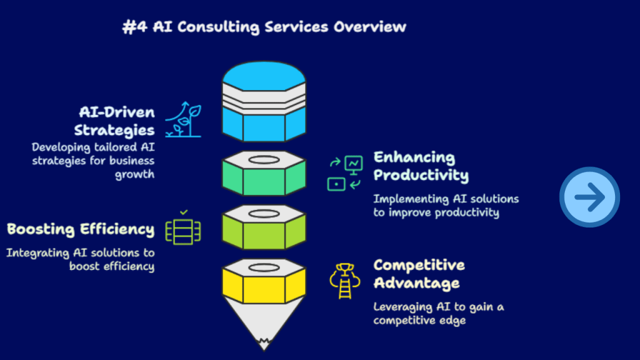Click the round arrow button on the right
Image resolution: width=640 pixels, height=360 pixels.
click(589, 197)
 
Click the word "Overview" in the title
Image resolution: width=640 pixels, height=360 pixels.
click(370, 27)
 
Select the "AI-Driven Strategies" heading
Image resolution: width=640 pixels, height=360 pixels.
click(115, 121)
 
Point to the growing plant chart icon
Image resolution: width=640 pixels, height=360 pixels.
click(183, 119)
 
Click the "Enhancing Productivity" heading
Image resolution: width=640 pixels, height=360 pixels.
click(421, 166)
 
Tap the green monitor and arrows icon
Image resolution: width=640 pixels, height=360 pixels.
click(345, 173)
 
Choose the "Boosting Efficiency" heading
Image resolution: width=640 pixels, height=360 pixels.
click(81, 229)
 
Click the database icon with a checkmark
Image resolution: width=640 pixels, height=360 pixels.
click(183, 228)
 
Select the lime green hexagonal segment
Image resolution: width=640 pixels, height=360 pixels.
click(264, 228)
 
